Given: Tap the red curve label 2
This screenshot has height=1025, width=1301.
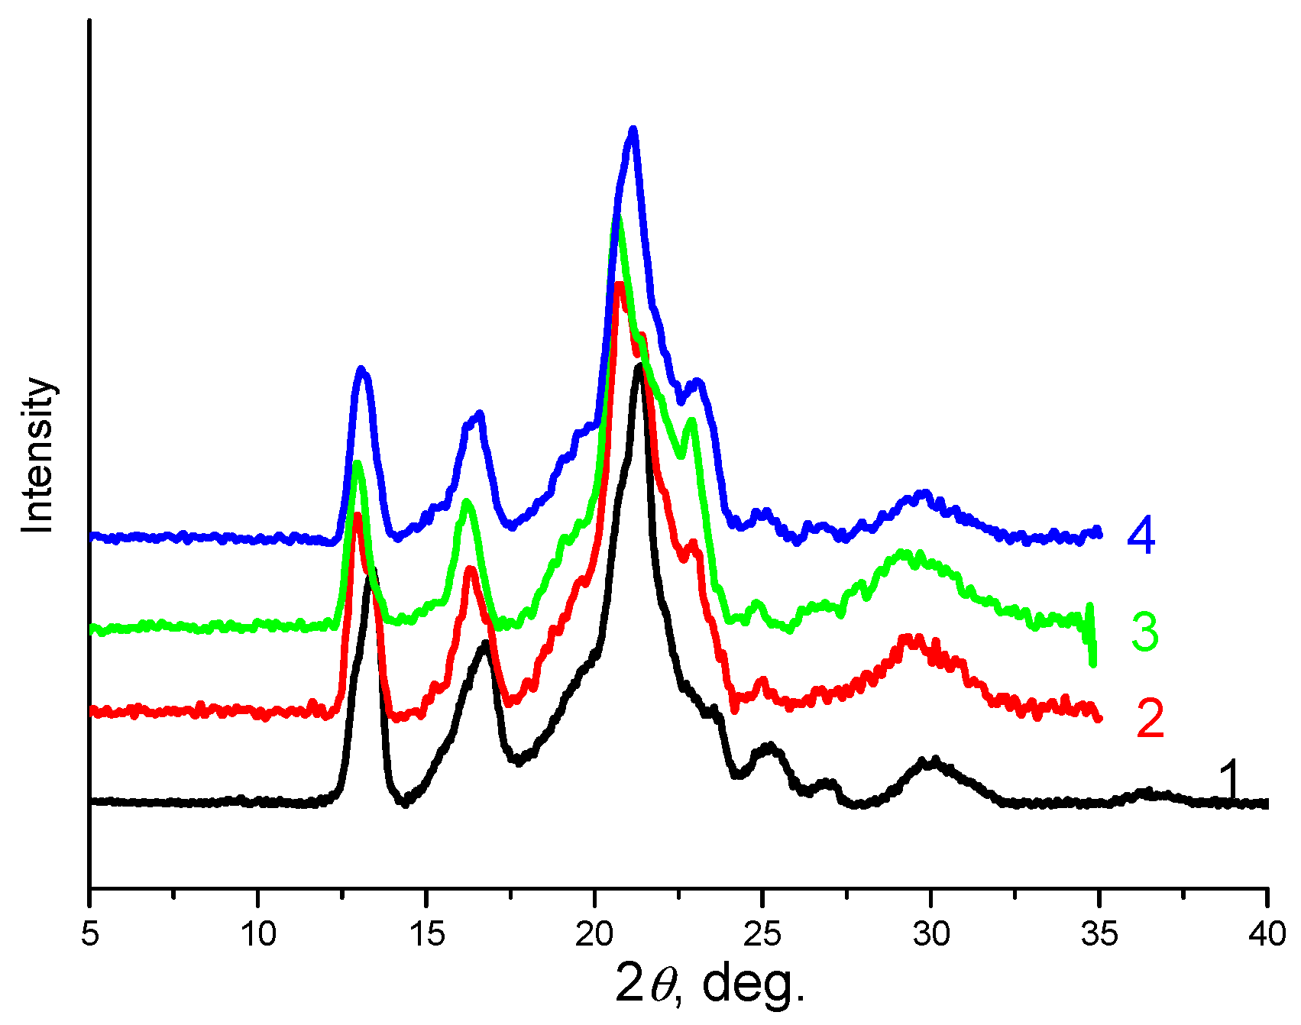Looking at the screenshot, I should (x=1150, y=719).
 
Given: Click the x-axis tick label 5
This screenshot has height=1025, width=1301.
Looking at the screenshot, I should (x=90, y=933).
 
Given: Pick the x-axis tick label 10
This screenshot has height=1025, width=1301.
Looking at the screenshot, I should (x=258, y=933).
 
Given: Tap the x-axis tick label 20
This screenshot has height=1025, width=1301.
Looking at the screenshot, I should (x=594, y=933).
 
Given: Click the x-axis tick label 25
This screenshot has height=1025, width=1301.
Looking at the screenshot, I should (x=762, y=933).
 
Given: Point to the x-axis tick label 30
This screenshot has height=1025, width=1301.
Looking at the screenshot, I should (x=930, y=933).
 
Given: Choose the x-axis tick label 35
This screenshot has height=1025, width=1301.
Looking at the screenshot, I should (x=1099, y=933).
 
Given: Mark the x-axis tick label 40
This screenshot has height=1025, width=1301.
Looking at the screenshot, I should (x=1267, y=933).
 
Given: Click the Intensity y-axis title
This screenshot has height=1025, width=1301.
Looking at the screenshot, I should (x=38, y=455).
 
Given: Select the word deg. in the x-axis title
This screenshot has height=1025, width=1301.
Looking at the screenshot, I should (x=753, y=984).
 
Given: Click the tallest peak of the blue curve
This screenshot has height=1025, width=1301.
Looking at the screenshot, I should (x=633, y=131).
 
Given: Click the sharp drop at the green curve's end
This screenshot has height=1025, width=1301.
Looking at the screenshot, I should (x=1092, y=642).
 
